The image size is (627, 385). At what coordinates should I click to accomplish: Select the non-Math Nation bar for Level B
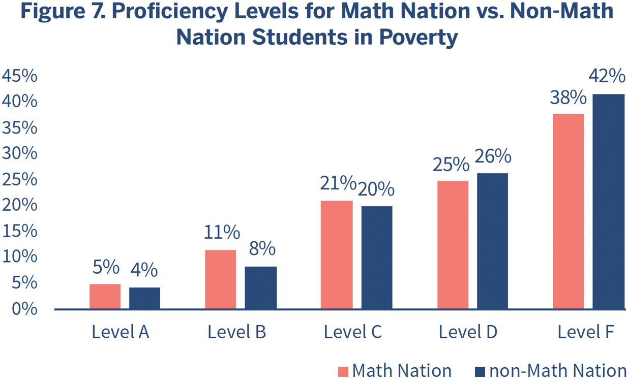pyautogui.click(x=260, y=287)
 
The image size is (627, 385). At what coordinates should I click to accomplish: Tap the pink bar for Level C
pyautogui.click(x=336, y=254)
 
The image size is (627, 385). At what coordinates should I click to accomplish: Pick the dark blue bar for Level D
pyautogui.click(x=492, y=241)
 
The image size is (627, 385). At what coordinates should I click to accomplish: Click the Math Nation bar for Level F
pyautogui.click(x=568, y=211)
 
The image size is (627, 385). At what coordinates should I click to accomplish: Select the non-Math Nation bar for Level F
pyautogui.click(x=608, y=201)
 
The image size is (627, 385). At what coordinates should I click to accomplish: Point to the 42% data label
pyautogui.click(x=607, y=76)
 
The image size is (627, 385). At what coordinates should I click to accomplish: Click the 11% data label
pyautogui.click(x=222, y=232)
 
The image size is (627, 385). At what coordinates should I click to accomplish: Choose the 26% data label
pyautogui.click(x=492, y=156)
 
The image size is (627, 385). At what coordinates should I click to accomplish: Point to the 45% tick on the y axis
pyautogui.click(x=19, y=76)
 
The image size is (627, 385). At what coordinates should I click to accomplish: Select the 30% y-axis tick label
pyautogui.click(x=19, y=153)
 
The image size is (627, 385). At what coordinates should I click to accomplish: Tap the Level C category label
pyautogui.click(x=352, y=332)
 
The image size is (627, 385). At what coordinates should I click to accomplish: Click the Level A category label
pyautogui.click(x=120, y=332)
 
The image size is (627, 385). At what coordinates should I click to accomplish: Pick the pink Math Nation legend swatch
pyautogui.click(x=343, y=371)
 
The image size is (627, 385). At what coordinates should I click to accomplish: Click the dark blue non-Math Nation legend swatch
pyautogui.click(x=480, y=371)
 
